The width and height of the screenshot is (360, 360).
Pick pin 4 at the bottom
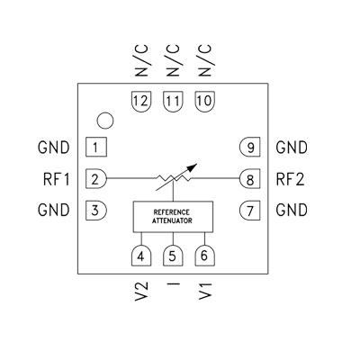[x=141, y=256]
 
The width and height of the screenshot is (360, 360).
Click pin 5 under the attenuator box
[x=173, y=256]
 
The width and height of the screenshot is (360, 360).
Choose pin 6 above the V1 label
[x=204, y=256]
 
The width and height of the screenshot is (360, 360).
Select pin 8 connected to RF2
[x=249, y=178]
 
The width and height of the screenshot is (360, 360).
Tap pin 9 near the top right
[x=249, y=147]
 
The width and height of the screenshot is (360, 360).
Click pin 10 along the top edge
[x=204, y=101]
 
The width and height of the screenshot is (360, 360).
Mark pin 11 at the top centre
[x=173, y=101]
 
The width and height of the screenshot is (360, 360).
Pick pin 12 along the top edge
[x=141, y=101]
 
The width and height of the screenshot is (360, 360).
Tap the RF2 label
[x=292, y=178]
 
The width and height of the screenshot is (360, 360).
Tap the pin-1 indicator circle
[x=106, y=120]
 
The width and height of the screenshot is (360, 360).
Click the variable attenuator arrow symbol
[x=175, y=178]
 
